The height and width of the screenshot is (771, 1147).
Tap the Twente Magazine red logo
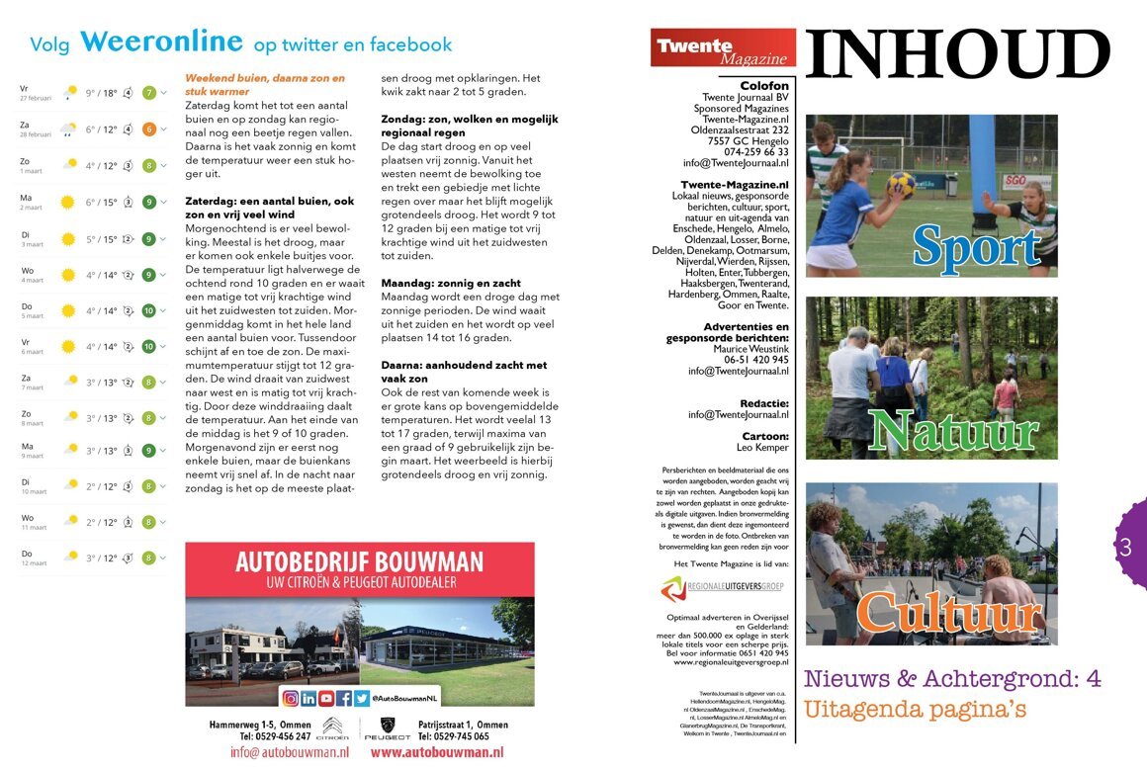723,47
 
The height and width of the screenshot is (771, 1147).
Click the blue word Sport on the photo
976,246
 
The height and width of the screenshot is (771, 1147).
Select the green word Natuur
953,431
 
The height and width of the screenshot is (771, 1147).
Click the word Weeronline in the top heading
161,42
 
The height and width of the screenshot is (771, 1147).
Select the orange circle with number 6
149,128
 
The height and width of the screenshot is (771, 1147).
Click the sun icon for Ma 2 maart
67,202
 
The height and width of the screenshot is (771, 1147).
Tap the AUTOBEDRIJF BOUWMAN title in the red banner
359,562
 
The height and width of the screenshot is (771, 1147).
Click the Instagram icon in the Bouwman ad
291,698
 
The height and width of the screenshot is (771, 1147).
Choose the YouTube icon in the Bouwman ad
326,698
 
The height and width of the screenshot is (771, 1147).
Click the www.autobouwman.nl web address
437,752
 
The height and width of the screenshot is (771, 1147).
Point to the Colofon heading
764,86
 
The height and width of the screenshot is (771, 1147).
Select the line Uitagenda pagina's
915,709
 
